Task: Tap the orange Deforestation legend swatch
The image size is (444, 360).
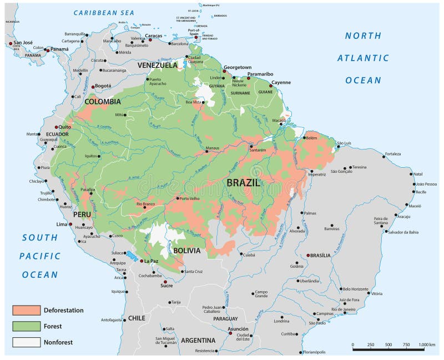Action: pos(27,310)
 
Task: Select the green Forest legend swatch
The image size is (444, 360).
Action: pos(27,326)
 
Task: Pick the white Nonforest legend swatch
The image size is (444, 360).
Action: pos(27,342)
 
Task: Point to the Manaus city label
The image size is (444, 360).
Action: pos(213,148)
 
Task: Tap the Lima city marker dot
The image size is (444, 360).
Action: pos(70,224)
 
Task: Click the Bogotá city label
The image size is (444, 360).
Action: pos(103,86)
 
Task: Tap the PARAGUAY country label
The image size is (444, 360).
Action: pos(225,319)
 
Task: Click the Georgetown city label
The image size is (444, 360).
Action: pos(238,67)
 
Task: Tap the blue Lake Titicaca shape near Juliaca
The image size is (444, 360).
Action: pos(131,256)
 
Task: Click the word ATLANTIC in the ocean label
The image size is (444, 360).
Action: pos(363,58)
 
